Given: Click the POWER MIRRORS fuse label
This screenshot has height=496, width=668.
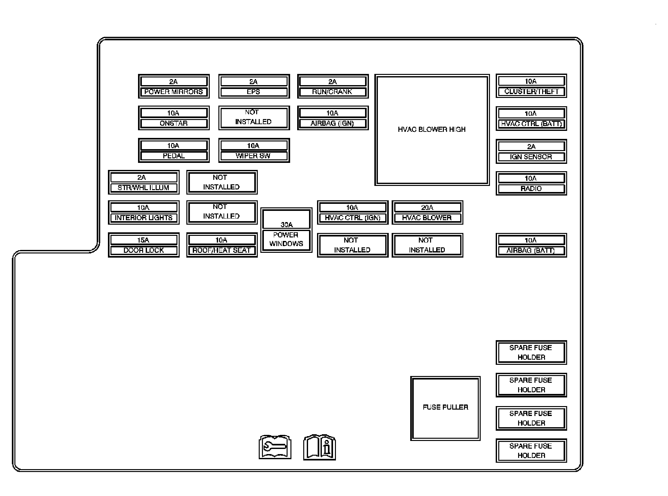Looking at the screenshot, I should click(174, 92).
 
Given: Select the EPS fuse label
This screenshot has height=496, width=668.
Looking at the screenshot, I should click(254, 92).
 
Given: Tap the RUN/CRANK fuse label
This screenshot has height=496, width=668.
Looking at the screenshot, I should click(332, 92).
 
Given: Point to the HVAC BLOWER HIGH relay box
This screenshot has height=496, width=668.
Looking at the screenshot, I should click(432, 130).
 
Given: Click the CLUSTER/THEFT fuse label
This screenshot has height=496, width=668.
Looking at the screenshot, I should click(531, 92).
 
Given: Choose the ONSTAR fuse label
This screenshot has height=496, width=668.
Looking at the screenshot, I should click(174, 124).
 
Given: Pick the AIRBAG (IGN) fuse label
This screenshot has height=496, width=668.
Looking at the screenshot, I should click(332, 124).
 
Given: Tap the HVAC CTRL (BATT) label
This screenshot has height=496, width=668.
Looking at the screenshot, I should click(531, 124).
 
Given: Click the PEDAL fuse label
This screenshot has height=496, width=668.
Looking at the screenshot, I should click(174, 156).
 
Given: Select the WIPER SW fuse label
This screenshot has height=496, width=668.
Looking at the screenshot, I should click(254, 156).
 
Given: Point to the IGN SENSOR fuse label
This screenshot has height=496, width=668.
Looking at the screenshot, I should click(531, 157).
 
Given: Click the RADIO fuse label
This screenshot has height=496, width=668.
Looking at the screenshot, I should click(531, 188).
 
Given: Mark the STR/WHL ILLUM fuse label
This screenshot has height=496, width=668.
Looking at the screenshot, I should click(143, 188).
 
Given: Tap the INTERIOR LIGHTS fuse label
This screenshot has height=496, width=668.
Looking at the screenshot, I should click(143, 218).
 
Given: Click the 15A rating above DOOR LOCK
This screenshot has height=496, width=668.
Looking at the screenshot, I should click(143, 240).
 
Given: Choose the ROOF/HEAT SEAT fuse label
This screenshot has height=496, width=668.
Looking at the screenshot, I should click(222, 251).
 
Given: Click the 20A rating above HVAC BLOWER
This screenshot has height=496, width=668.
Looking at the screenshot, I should click(427, 208).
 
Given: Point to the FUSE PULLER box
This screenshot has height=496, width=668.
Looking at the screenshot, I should click(445, 408).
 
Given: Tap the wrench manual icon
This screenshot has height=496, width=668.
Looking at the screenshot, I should click(275, 447).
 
